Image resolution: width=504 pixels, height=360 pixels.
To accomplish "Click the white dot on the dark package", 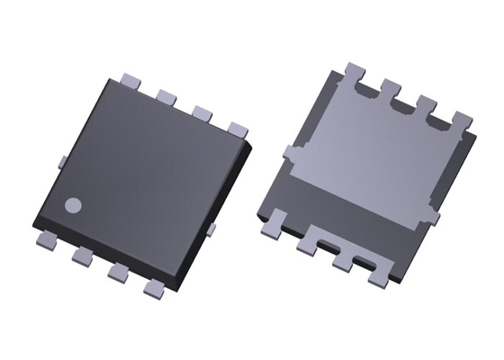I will click(74, 204).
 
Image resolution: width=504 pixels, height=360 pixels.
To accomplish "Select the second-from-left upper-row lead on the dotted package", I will click(166, 94).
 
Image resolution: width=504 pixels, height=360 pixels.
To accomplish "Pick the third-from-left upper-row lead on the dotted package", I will click(202, 112).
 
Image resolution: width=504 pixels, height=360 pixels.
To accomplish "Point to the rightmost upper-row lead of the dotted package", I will click(238, 129).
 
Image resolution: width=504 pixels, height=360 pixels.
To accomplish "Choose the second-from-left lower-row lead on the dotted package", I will click(81, 256).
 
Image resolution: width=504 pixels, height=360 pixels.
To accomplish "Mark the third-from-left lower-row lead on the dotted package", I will click(115, 272).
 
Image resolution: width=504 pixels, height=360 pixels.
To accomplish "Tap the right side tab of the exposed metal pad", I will click(434, 217).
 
